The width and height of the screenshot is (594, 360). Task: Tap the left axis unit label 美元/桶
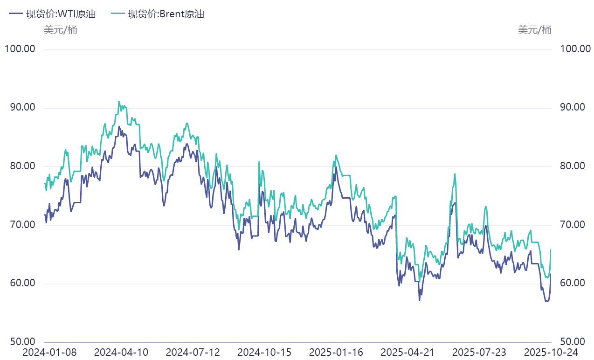[x=61, y=30]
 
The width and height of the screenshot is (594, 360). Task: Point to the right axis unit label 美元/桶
[x=534, y=30]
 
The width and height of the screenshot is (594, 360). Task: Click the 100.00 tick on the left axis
[x=20, y=49]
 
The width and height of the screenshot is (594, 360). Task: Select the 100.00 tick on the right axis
[x=573, y=49]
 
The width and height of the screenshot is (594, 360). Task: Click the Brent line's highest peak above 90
[x=119, y=102]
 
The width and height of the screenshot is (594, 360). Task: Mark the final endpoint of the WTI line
[x=551, y=274]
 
